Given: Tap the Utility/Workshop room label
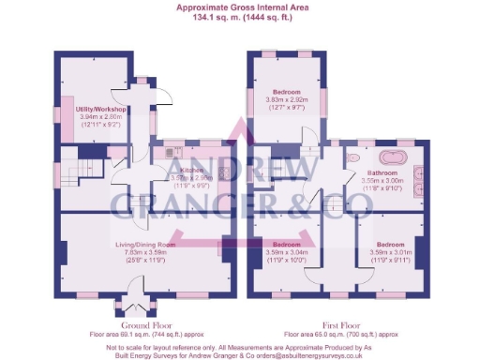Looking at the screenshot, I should pos(100,109).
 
